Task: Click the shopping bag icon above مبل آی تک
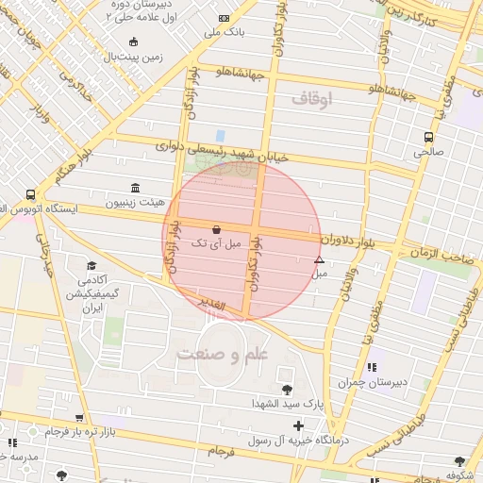(x=218, y=228)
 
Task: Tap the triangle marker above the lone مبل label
(x=319, y=259)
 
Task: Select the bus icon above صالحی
(x=429, y=136)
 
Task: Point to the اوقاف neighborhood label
(x=313, y=98)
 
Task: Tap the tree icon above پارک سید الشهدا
(x=287, y=389)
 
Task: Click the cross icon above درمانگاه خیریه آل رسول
(x=299, y=426)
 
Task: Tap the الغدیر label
(x=213, y=304)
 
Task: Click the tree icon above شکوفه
(x=459, y=462)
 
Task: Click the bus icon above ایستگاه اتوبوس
(x=31, y=194)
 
